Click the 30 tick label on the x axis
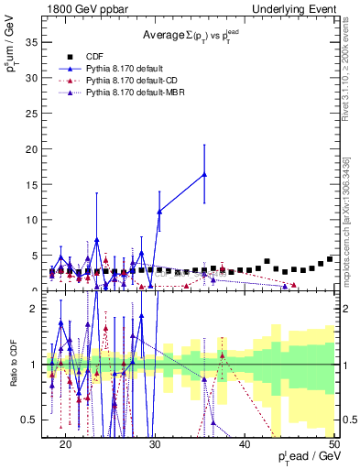coord(156,443)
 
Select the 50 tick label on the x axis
coord(335,443)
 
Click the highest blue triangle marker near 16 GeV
coord(204,174)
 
